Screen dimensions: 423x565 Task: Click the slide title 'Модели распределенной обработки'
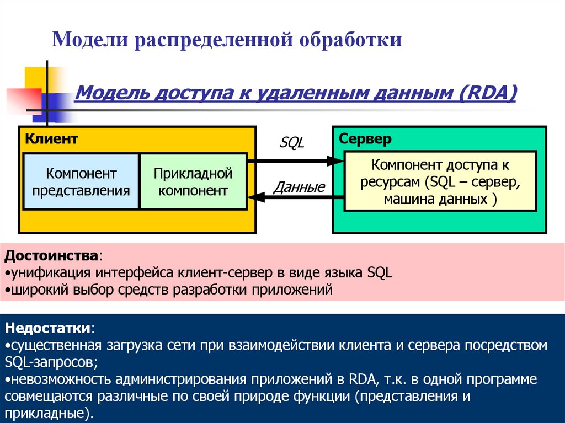(x=226, y=40)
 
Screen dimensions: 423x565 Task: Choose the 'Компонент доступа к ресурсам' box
(x=440, y=182)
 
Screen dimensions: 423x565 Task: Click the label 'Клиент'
(x=51, y=139)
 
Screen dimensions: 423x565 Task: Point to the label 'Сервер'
(x=365, y=139)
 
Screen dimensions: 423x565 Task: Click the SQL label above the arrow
(x=292, y=143)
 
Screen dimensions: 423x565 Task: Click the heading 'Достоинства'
(x=52, y=256)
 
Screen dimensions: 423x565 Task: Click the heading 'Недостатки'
(x=49, y=329)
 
